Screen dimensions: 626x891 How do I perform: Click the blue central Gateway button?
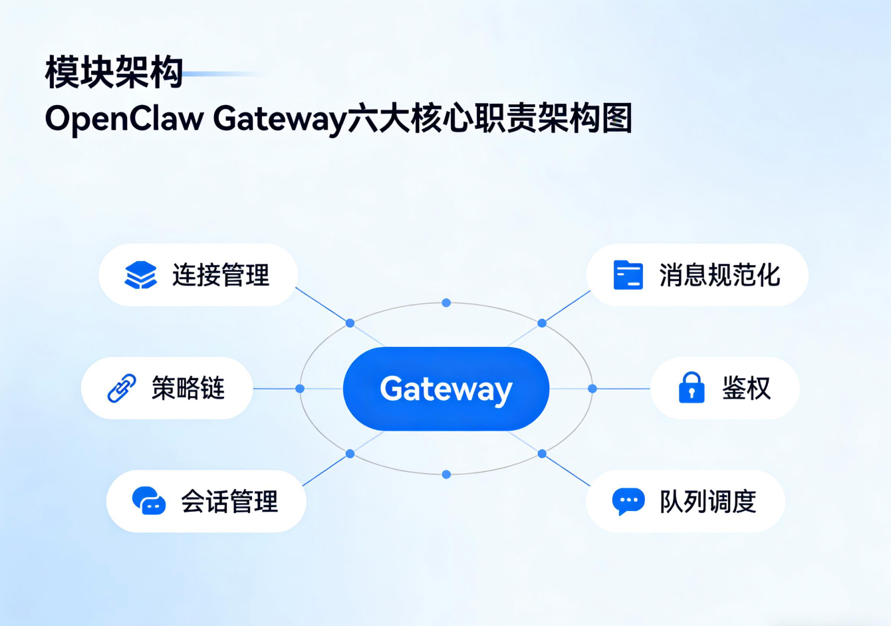click(445, 389)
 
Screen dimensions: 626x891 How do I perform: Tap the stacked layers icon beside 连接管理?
click(140, 275)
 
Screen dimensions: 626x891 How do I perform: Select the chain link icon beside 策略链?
click(122, 388)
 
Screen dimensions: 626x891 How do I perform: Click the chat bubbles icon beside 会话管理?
click(149, 501)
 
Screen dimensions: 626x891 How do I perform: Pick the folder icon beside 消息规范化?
click(628, 275)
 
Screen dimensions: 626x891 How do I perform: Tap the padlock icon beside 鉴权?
click(692, 388)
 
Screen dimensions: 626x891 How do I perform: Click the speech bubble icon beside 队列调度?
click(628, 502)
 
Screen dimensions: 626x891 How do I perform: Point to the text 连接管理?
click(221, 275)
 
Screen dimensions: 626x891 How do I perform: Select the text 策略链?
click(188, 388)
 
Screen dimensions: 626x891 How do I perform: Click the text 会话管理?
click(229, 502)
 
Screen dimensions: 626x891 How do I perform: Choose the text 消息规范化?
click(719, 275)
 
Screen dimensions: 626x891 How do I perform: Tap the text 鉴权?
click(746, 388)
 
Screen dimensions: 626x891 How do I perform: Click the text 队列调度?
click(707, 502)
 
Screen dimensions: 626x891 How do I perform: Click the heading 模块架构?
click(114, 72)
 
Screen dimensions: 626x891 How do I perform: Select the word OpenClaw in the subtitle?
click(124, 119)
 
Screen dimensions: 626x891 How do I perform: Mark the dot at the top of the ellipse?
click(446, 303)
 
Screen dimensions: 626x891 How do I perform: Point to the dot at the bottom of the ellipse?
click(446, 474)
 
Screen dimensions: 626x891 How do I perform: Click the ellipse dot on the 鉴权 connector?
click(592, 389)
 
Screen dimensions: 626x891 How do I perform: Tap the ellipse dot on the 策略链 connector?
click(300, 389)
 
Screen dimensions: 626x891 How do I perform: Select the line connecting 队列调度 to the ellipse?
click(567, 470)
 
